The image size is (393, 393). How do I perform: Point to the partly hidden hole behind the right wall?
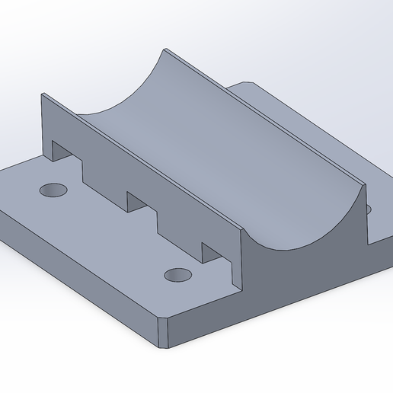click(x=369, y=208)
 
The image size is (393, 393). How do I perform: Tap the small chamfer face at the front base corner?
click(x=163, y=334)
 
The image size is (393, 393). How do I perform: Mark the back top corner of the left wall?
click(x=42, y=94)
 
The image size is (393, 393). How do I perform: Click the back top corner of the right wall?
click(x=164, y=50)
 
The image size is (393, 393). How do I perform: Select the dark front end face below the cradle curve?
click(x=305, y=267)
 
